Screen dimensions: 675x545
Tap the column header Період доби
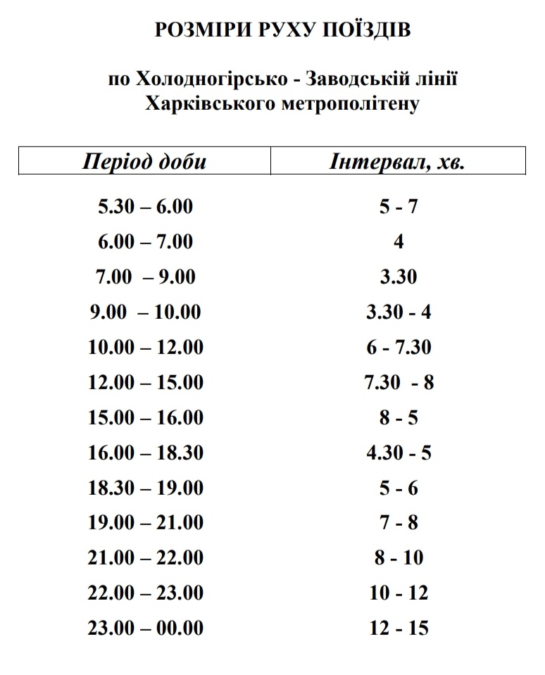[144, 162]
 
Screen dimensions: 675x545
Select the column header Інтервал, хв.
[398, 162]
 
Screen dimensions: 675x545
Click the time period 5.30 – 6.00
[146, 207]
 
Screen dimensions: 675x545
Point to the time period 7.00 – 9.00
[146, 277]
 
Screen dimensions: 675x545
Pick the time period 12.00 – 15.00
[146, 382]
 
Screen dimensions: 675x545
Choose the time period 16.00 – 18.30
[146, 452]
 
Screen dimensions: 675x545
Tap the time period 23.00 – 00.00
[146, 627]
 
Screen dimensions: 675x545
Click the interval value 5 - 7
[399, 207]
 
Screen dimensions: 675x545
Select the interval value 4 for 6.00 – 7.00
[399, 242]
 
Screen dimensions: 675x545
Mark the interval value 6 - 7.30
[399, 347]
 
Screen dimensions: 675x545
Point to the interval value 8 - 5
[399, 417]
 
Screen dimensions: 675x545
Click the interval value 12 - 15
[399, 627]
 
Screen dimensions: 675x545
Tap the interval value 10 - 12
[399, 593]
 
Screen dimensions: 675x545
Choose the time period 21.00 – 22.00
[146, 557]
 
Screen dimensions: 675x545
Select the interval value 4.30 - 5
[399, 452]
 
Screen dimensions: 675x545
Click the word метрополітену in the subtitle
[350, 104]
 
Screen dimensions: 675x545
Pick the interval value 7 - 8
[399, 522]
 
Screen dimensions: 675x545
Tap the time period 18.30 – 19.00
[146, 487]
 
